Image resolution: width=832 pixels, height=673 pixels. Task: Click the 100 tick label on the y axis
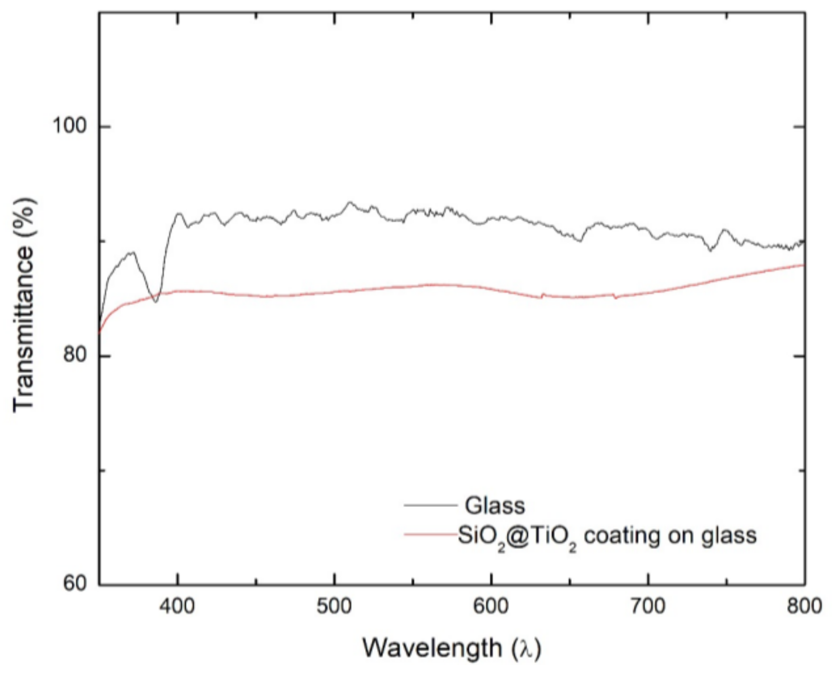pyautogui.click(x=69, y=126)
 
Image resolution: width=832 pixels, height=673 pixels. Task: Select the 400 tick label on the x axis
pyautogui.click(x=177, y=606)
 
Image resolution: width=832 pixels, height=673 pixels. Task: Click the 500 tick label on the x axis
pyautogui.click(x=334, y=606)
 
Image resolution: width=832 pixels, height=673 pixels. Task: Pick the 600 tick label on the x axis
pyautogui.click(x=491, y=606)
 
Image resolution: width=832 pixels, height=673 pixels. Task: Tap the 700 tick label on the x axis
pyautogui.click(x=648, y=606)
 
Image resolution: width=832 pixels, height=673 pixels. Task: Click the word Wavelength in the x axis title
pyautogui.click(x=432, y=648)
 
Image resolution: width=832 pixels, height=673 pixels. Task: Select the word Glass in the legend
pyautogui.click(x=494, y=505)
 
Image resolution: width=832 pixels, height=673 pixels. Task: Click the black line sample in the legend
pyautogui.click(x=430, y=505)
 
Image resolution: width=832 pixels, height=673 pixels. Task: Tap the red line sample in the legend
pyautogui.click(x=430, y=534)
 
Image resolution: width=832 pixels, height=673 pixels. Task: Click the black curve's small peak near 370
pyautogui.click(x=131, y=252)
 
